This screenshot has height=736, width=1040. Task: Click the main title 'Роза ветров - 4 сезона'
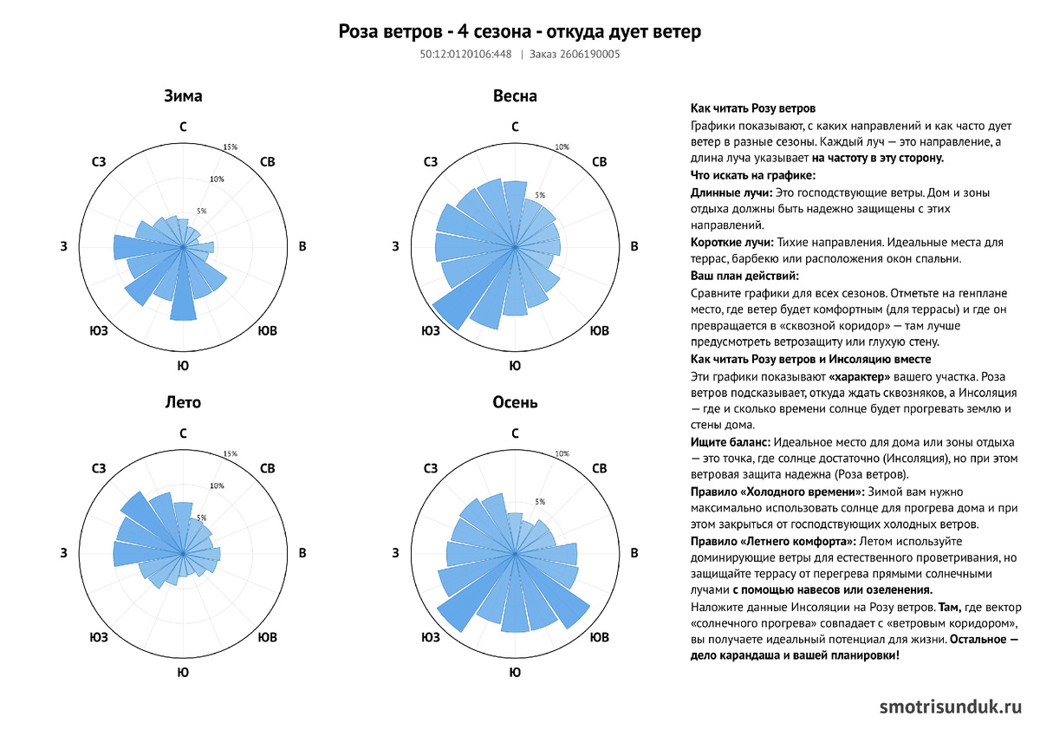pos(434,31)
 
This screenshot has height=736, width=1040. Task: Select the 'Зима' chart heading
pos(183,96)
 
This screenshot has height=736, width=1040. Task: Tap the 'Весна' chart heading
pos(515,96)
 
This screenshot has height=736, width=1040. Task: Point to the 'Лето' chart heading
pos(183,402)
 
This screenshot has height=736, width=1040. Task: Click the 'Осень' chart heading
pos(515,402)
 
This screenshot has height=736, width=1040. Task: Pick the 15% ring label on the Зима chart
pos(231,147)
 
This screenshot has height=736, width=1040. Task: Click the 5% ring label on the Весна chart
pos(540,195)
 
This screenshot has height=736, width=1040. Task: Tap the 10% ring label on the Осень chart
pos(562,453)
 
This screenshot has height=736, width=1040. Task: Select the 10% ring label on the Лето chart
pos(217,485)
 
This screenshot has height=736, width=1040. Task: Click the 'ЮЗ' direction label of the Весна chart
pos(431,330)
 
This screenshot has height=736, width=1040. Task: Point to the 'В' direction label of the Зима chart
pos(302,246)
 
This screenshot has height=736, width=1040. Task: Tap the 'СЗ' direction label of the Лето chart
pos(99,468)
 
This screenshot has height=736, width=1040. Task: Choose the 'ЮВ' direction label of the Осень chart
pos(600,637)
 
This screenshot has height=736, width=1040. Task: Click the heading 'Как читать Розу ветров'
pos(752,108)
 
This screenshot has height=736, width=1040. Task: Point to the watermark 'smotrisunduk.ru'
pos(951,707)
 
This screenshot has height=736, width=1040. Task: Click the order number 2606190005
pos(589,55)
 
